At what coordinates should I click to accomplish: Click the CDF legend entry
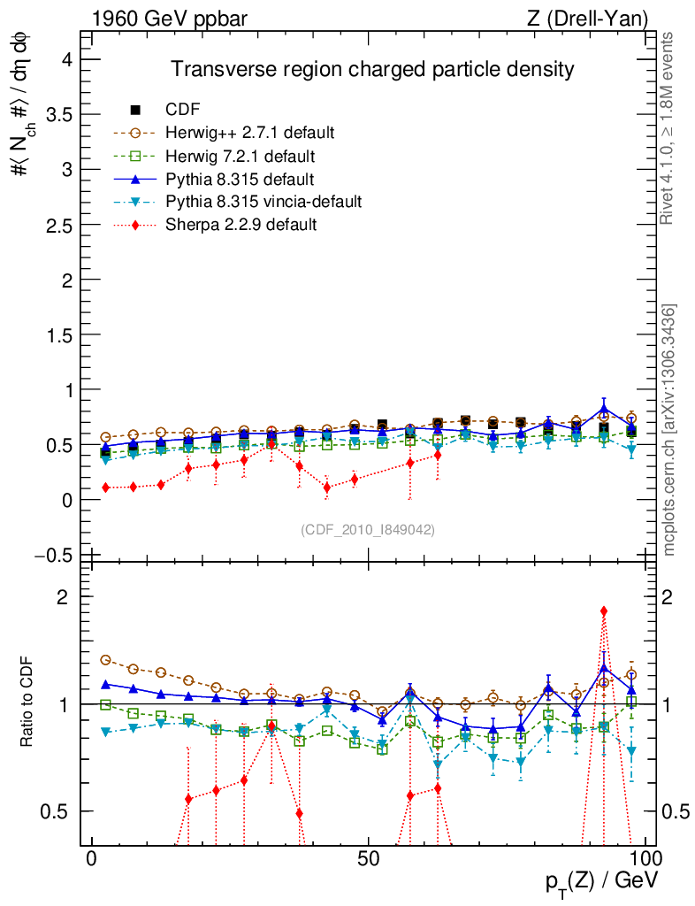[x=183, y=110]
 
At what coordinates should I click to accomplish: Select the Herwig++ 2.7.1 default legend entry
[x=249, y=133]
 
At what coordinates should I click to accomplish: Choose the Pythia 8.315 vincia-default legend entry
[x=263, y=202]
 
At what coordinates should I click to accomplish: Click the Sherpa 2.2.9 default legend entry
[x=241, y=225]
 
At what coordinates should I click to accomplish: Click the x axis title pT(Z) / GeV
[x=602, y=881]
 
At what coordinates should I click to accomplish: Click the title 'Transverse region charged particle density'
[x=372, y=70]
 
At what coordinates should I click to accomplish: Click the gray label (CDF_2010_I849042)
[x=368, y=529]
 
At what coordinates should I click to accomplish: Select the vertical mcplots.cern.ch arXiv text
[x=670, y=430]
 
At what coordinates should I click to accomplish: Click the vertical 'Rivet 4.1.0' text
[x=668, y=128]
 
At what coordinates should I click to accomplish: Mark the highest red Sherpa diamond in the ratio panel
[x=604, y=611]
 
